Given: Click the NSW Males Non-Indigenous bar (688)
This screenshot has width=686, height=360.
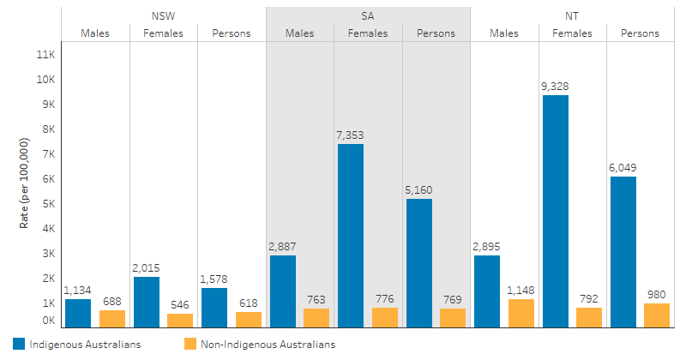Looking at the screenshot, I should (111, 318).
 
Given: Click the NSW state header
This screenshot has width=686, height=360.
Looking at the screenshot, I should (163, 15).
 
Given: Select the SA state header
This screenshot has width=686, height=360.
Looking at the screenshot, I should (368, 15).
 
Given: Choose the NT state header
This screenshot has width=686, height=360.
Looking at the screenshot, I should (573, 15).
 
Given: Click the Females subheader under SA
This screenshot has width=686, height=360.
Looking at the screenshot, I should (368, 33).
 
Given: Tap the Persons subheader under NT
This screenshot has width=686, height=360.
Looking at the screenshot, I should (641, 33).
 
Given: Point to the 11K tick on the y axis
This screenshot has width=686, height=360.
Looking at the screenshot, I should (45, 54).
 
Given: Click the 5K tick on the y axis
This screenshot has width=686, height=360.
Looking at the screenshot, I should (48, 204).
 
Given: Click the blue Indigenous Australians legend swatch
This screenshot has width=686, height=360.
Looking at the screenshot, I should (19, 345).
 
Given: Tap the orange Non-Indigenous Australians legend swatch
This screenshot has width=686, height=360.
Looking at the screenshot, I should (190, 345).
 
